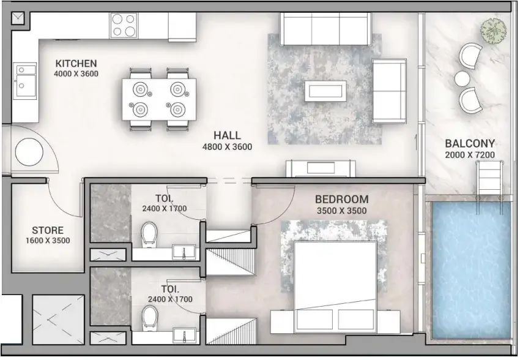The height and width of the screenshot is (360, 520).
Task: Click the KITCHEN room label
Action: coord(76,63)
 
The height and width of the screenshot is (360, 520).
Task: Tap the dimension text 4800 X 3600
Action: coord(227,147)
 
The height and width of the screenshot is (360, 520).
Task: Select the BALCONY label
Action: coord(470,144)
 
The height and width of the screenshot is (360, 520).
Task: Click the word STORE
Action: coord(47,230)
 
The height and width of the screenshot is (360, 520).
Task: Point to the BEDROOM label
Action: coord(341,200)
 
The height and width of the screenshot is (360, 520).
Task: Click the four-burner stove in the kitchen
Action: coord(124,26)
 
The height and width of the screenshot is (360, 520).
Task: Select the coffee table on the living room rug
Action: coord(325,91)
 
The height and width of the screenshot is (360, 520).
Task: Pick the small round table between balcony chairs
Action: coord(462,78)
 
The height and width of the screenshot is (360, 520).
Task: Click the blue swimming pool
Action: coord(470,270)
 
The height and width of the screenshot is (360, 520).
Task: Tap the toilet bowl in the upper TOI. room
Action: coord(149,234)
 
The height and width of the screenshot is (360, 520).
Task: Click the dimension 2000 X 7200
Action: coord(470,155)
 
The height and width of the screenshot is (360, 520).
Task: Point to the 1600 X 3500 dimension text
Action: coord(47,241)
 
